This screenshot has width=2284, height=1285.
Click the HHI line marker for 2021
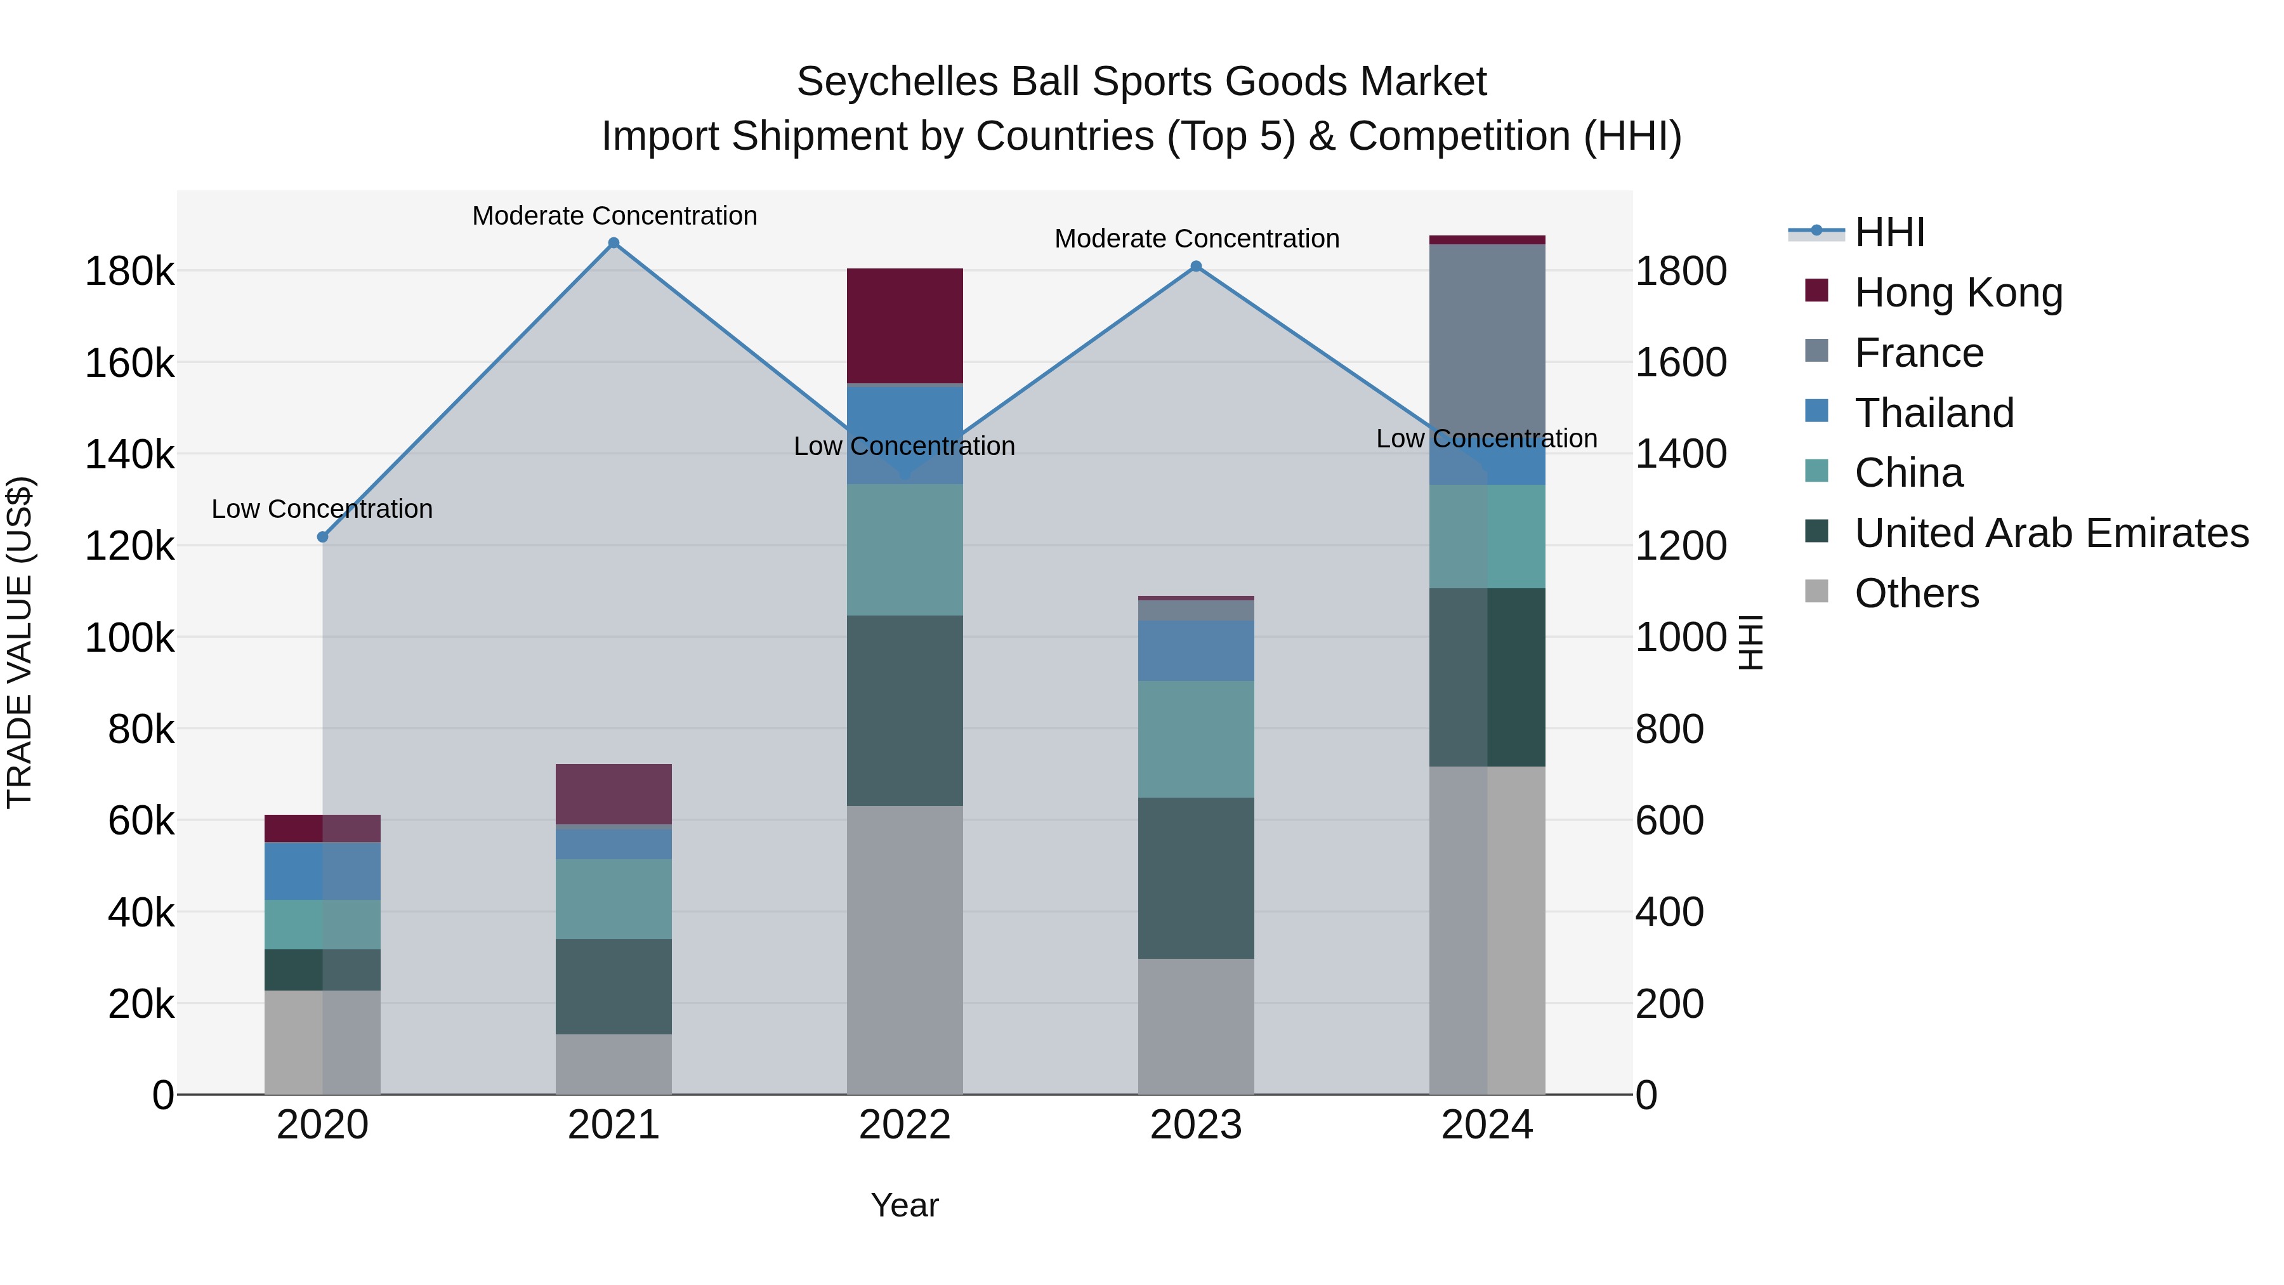coord(614,243)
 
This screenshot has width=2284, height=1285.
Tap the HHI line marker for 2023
coord(1196,266)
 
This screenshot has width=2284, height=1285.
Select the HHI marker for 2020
coord(323,536)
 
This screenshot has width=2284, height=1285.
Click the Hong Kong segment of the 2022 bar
coord(904,326)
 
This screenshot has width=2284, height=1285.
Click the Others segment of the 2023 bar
coord(1196,1026)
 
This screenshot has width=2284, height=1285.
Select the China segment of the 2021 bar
coord(614,899)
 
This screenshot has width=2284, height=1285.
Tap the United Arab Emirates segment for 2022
coord(904,710)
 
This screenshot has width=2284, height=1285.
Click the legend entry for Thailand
coord(1934,413)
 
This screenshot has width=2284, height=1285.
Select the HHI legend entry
coord(1889,232)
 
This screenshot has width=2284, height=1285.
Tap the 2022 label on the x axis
coord(904,1125)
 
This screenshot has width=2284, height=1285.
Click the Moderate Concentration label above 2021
coord(614,216)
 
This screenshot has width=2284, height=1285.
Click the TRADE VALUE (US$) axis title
coord(20,642)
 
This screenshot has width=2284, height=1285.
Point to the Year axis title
coord(904,1205)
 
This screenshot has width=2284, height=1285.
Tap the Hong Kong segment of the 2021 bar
coord(614,794)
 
